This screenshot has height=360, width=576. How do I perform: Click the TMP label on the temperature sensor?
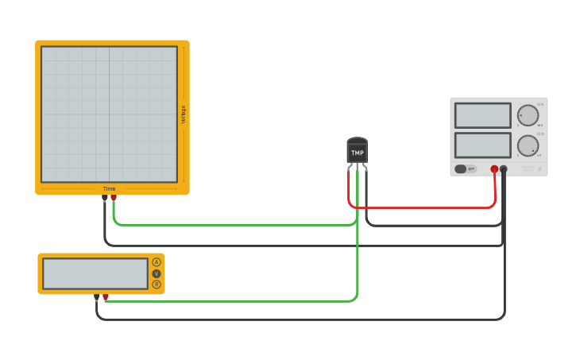tap(358, 153)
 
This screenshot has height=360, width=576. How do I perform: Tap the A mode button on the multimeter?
tap(157, 262)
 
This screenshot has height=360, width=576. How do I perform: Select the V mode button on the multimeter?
tap(157, 273)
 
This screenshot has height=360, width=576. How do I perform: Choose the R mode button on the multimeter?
tap(157, 285)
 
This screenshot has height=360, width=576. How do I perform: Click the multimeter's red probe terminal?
tap(106, 297)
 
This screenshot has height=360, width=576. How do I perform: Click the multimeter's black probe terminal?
tap(97, 297)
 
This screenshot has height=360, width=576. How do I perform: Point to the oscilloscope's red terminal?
tap(114, 198)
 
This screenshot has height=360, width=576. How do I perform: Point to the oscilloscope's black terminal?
tap(105, 198)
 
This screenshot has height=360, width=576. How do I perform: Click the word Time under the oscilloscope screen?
tap(109, 189)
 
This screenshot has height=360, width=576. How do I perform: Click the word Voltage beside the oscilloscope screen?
tap(184, 114)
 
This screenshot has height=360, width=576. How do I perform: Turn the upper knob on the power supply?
tap(528, 115)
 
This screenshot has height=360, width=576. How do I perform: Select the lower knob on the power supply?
tap(528, 145)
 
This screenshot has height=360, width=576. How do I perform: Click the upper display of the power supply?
tap(482, 115)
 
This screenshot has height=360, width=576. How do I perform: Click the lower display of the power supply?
tap(482, 145)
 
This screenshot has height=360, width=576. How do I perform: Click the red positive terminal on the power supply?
tap(494, 169)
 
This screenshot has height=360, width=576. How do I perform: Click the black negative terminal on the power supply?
tap(504, 169)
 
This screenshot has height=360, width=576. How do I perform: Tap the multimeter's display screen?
tap(95, 273)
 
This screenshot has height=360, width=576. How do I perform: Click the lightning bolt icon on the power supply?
tap(539, 168)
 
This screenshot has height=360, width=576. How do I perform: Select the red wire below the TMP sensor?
tap(421, 207)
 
